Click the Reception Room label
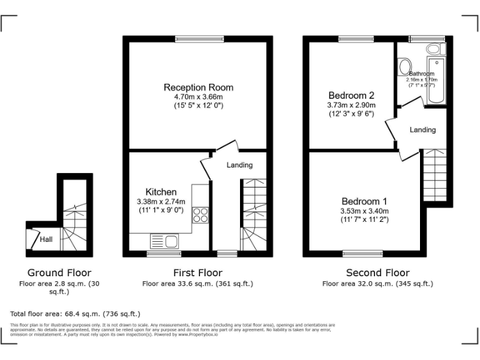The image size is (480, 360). [198, 87]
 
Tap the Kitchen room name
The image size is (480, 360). [161, 192]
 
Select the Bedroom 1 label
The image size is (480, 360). [364, 201]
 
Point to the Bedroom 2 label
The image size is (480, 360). [351, 96]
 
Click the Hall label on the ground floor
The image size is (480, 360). [46, 239]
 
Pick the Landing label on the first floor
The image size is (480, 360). [239, 165]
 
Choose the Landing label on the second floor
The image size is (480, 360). [422, 130]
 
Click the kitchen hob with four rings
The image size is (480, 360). [201, 215]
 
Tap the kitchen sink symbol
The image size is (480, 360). [164, 242]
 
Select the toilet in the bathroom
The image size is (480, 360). [433, 49]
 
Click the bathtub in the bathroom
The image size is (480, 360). [436, 82]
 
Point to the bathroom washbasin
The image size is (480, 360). [404, 66]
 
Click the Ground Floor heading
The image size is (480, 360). [59, 272]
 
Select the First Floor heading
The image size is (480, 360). [197, 272]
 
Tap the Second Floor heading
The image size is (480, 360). [377, 272]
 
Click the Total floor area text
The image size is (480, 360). [76, 313]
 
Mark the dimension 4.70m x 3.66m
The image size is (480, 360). [198, 97]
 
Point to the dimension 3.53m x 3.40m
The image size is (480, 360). [364, 211]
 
